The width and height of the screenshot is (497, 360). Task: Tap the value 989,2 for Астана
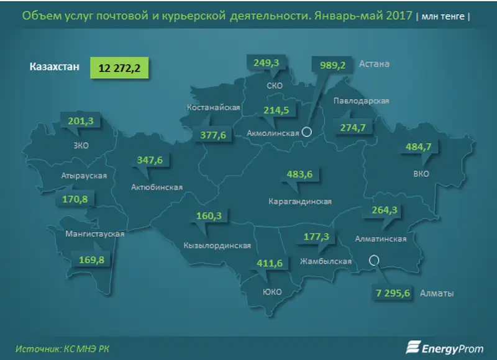point(332,65)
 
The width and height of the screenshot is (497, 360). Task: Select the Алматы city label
point(437,293)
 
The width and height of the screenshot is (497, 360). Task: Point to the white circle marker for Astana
point(306,131)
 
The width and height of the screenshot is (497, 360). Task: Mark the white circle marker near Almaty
point(373,261)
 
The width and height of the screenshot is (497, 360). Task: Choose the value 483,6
point(300,174)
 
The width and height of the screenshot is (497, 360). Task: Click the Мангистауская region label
point(95,234)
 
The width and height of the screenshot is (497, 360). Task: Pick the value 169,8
point(91,259)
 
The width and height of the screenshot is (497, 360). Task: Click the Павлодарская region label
point(361,101)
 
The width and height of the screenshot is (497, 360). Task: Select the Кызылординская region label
point(217,245)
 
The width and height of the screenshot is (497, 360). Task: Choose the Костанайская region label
point(214,107)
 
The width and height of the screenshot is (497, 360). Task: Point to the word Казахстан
point(54,67)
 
